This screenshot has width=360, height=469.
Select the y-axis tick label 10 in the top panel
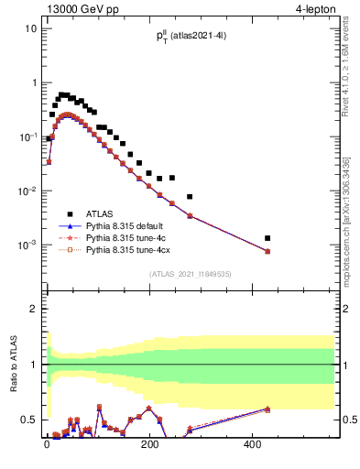pyautogui.click(x=30, y=28)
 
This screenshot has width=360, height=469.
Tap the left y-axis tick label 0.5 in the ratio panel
pyautogui.click(x=27, y=420)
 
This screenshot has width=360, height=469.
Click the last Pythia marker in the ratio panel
pyautogui.click(x=267, y=409)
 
